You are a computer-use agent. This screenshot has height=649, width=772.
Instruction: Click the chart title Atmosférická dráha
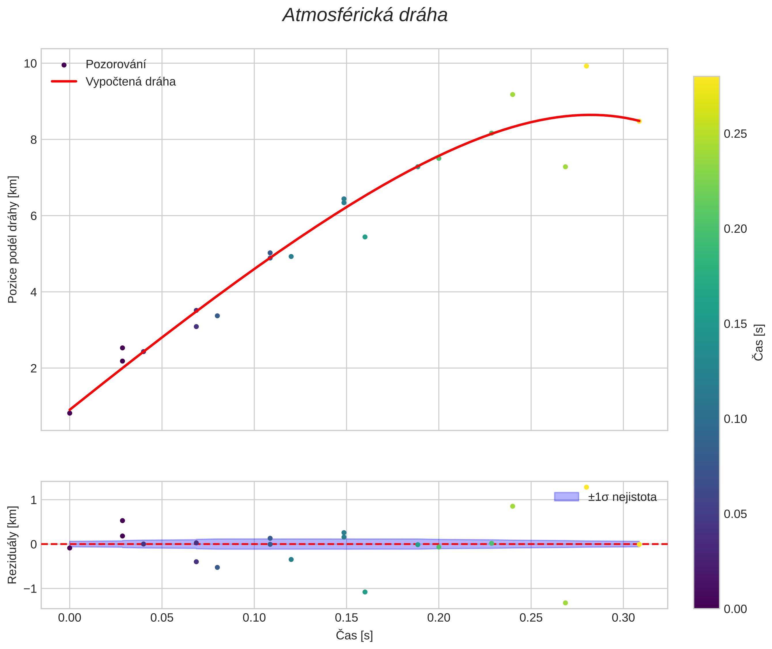pos(365,16)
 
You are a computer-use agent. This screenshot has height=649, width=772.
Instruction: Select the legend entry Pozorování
pos(116,65)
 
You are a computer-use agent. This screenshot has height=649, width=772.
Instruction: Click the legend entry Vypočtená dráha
pos(130,82)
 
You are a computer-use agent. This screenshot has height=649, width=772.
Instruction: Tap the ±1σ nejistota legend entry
pos(622,497)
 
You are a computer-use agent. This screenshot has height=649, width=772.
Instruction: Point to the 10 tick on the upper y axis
pos(31,64)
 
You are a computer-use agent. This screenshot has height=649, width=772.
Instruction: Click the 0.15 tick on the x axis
pos(346,618)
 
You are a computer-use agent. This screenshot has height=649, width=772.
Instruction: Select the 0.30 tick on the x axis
pos(623,618)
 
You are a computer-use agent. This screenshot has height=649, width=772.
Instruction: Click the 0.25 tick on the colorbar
pos(735,134)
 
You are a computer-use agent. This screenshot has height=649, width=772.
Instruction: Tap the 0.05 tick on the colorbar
pos(735,514)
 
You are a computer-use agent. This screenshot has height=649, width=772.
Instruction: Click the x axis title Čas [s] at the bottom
pos(354,635)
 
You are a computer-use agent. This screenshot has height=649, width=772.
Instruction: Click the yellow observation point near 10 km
pos(586,66)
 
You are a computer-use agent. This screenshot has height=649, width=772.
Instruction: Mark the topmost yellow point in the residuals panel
pos(586,487)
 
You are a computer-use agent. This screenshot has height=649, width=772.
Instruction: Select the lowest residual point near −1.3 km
pos(565,603)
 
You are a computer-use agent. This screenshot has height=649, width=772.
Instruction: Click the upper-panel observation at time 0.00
pos(69,413)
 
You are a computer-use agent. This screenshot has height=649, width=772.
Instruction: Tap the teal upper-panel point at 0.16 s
pos(365,237)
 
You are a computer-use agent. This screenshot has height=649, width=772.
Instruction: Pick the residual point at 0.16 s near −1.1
pos(365,592)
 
